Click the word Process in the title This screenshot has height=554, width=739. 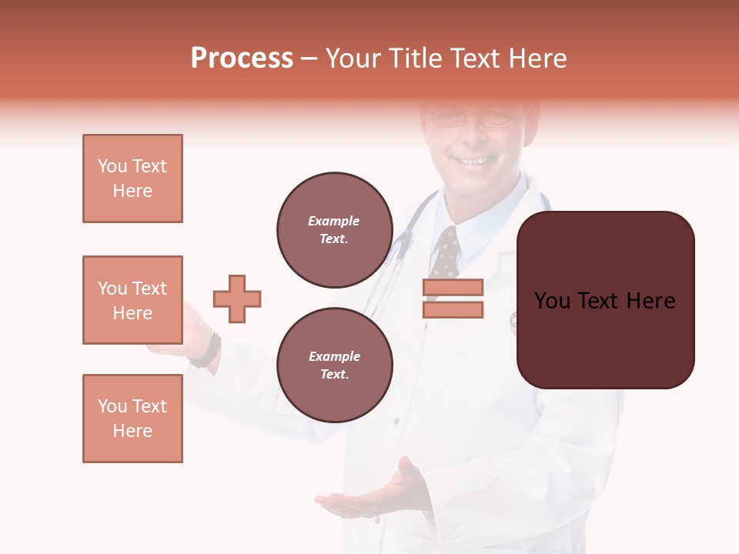pyautogui.click(x=242, y=58)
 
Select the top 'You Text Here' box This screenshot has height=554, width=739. pyautogui.click(x=132, y=179)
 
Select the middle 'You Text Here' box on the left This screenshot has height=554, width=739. pyautogui.click(x=132, y=300)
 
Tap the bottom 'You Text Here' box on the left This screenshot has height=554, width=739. pyautogui.click(x=132, y=419)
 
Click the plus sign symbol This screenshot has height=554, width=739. pyautogui.click(x=237, y=299)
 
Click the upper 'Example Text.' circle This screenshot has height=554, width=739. pyautogui.click(x=334, y=229)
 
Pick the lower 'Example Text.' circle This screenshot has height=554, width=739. pyautogui.click(x=334, y=365)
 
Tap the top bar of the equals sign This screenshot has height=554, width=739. pyautogui.click(x=453, y=287)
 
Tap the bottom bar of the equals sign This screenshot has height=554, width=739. pyautogui.click(x=453, y=310)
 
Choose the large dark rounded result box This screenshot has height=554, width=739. pyautogui.click(x=605, y=300)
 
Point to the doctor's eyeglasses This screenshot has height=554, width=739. pyautogui.click(x=471, y=118)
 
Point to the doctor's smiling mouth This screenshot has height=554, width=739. pyautogui.click(x=473, y=161)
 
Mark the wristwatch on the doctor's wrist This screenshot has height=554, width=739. pyautogui.click(x=208, y=351)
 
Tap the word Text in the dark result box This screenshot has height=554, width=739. pyautogui.click(x=605, y=300)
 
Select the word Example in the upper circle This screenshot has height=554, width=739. pyautogui.click(x=333, y=221)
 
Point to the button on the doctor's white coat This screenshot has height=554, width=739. pyautogui.click(x=396, y=421)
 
